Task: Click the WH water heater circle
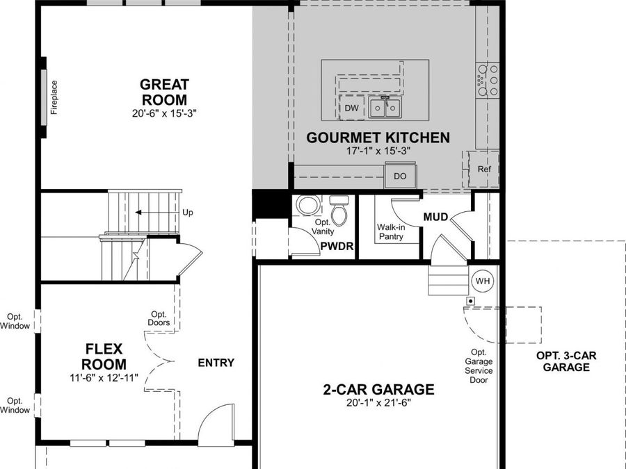click(x=482, y=281)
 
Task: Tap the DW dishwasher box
click(x=352, y=108)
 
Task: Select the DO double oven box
click(x=400, y=176)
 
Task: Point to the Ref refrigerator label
click(x=484, y=169)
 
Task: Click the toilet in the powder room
click(x=339, y=210)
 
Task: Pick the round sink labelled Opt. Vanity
click(x=308, y=205)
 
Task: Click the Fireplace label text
click(x=54, y=97)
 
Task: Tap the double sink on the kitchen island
click(x=385, y=107)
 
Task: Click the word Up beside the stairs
click(x=188, y=213)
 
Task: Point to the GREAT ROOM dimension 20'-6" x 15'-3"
click(x=164, y=113)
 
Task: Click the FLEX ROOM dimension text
click(x=104, y=377)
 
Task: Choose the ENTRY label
click(x=216, y=363)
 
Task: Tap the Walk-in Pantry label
click(x=391, y=231)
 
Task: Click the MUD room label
click(x=435, y=217)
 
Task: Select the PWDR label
click(x=337, y=247)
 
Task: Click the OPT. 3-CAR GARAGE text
click(x=566, y=361)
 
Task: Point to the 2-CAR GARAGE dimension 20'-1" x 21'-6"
click(x=378, y=403)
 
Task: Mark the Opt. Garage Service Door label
click(x=479, y=366)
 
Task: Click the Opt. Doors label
click(x=159, y=318)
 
